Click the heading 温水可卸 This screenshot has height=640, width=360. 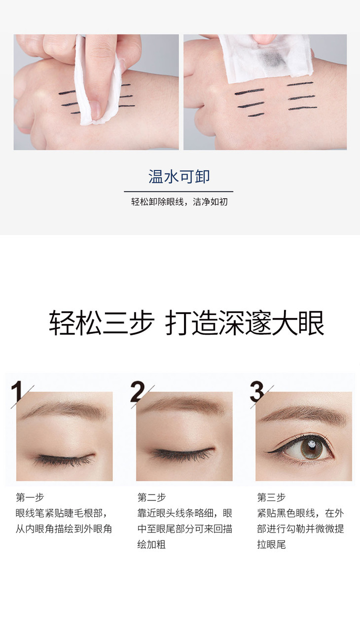(x=179, y=177)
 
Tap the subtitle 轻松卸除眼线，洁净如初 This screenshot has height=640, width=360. (x=180, y=202)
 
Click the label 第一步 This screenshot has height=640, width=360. (x=30, y=498)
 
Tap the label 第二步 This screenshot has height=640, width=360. (x=151, y=498)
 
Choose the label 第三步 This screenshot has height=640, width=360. (x=271, y=498)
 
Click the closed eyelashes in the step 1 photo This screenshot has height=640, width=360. (x=64, y=459)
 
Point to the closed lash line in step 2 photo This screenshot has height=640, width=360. (x=183, y=453)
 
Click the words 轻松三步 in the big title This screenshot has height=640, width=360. (x=102, y=323)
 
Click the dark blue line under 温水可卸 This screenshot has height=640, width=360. (x=179, y=191)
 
